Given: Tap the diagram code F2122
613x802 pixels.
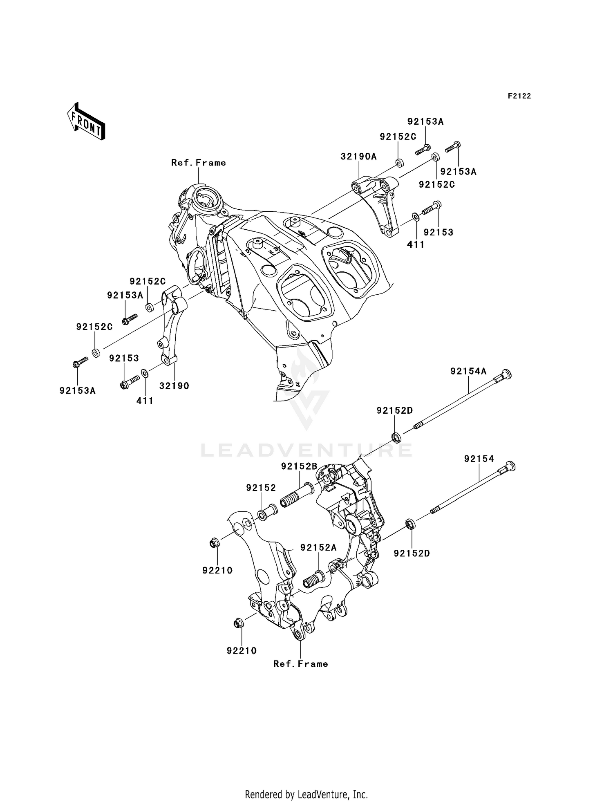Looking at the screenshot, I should point(519,96).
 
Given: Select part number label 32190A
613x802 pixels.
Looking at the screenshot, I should point(359,157).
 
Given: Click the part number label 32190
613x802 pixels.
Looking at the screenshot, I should point(174,386).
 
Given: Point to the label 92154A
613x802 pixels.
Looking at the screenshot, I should point(468,371).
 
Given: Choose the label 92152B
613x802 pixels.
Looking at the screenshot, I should point(299,466).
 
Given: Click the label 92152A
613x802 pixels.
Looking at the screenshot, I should point(318,548).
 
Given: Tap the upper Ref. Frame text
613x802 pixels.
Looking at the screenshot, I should point(198,163).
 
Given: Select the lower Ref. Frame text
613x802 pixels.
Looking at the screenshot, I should point(300,664).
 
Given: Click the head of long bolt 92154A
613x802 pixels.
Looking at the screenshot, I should point(506,374).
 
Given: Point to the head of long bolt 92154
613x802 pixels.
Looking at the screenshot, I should point(510,466).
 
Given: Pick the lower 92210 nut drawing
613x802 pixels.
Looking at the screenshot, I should point(237,624).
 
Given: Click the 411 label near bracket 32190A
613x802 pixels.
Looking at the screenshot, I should point(416,244).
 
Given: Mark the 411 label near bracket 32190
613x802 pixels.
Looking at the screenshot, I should point(145,401).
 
